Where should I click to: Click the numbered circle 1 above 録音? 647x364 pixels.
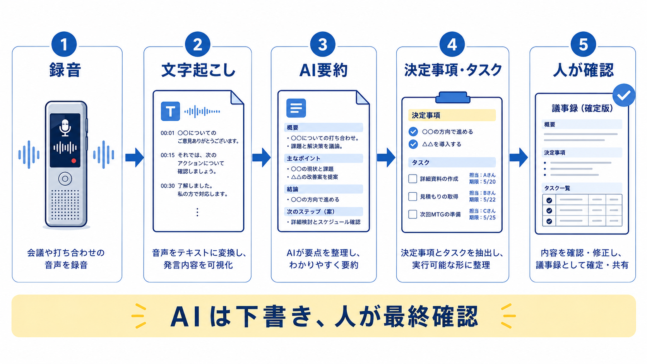pos(64,44)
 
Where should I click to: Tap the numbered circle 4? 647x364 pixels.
pos(452,44)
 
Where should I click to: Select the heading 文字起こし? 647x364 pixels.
pos(198,70)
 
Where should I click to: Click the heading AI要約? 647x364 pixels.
pos(323,70)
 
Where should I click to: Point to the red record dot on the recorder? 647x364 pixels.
pos(74,161)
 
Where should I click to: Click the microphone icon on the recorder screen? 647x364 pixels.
pos(65,128)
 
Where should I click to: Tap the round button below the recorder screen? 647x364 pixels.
pos(65,179)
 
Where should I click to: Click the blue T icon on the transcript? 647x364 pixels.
pos(170,111)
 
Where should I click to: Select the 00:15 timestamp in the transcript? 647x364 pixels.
pos(168,155)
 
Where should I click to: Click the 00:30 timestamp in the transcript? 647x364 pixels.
pos(168,186)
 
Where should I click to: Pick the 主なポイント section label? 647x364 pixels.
pos(303,159)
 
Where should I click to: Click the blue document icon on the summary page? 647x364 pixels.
pos(296,108)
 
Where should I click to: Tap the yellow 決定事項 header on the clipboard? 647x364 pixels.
pos(452,115)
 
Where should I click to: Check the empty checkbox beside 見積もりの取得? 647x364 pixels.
pos(413,197)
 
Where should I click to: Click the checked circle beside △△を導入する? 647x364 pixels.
pos(413,144)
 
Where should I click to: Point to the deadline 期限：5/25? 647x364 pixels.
pos(483,218)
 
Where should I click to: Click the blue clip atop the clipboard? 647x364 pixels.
pos(453,97)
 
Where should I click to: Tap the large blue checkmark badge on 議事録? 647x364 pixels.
pos(624,95)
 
